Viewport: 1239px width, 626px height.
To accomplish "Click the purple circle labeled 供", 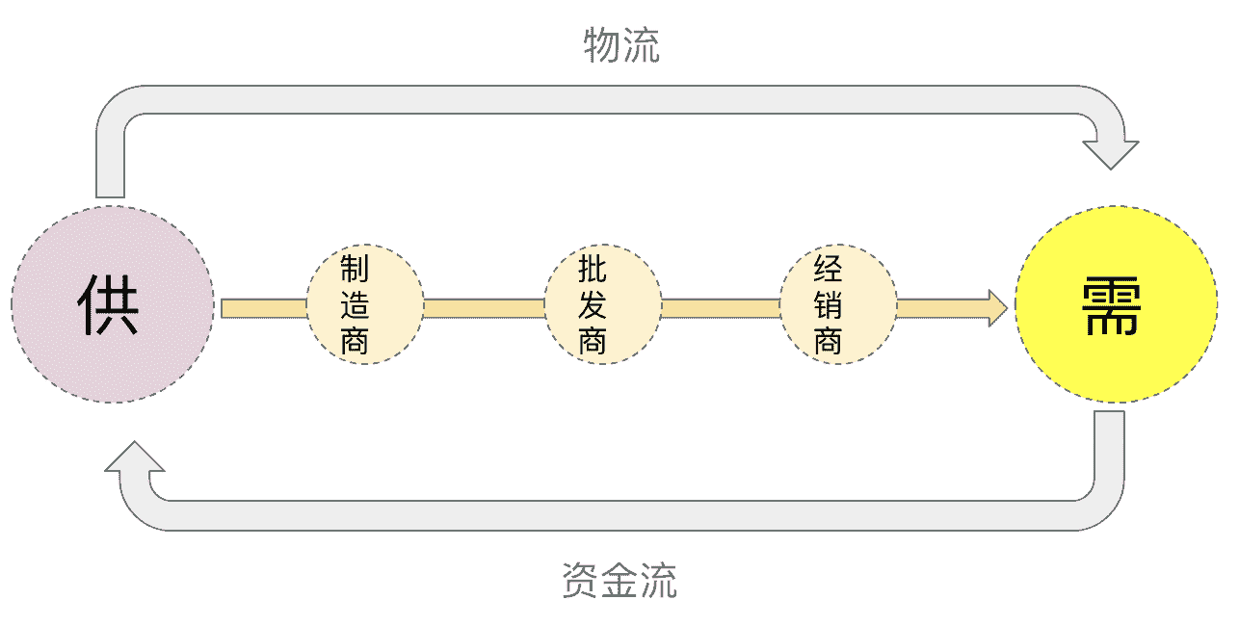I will (113, 303).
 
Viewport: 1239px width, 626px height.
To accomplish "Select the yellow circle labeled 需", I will (1116, 304).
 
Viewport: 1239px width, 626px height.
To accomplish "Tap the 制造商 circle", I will (365, 305).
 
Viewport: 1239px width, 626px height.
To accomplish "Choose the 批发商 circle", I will (603, 305).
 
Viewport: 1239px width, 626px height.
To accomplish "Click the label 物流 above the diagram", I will (622, 45).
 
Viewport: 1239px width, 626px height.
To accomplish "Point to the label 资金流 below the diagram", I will (619, 581).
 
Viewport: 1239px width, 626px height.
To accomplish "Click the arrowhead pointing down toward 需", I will (1111, 154).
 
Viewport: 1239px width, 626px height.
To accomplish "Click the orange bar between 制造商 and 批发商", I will (484, 308).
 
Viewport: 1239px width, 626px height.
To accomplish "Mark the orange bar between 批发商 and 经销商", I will (721, 308).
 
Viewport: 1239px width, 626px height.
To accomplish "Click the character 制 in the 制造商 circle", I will (355, 269).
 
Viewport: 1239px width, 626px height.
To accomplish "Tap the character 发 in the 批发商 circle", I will (593, 305).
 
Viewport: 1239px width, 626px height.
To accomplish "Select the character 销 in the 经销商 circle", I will (829, 305).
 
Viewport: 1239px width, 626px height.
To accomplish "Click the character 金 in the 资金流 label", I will (619, 581).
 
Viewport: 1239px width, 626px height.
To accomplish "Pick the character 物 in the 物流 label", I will (602, 45).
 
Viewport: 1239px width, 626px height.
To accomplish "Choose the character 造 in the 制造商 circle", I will (355, 305).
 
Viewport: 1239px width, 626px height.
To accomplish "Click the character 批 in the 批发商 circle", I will (593, 269).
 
